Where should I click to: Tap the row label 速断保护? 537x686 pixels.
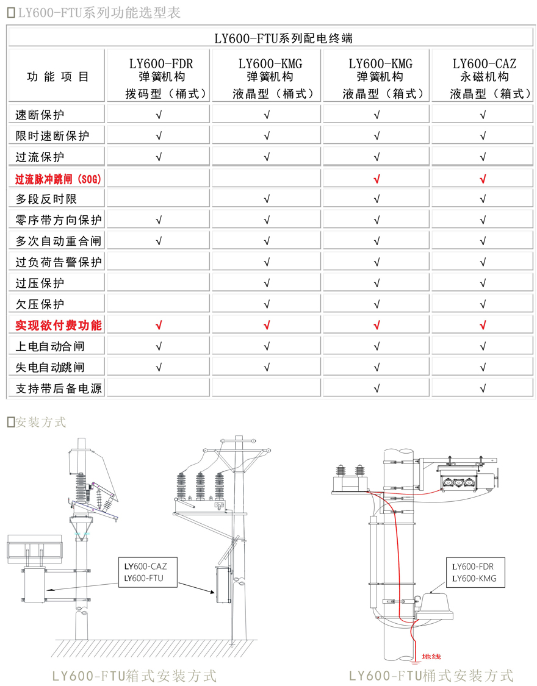click(x=40, y=115)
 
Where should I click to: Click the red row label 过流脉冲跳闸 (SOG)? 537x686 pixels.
click(x=59, y=179)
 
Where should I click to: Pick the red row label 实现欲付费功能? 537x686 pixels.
click(x=59, y=325)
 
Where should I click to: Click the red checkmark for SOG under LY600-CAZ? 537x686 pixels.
click(x=483, y=179)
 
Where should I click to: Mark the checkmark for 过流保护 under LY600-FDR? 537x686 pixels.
click(x=159, y=157)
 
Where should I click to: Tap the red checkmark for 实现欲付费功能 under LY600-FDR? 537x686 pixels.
click(x=159, y=326)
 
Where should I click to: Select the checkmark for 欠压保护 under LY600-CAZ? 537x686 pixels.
click(x=483, y=304)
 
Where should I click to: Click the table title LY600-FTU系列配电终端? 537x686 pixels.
click(x=283, y=38)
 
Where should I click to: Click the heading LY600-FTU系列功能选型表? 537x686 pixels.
click(x=98, y=13)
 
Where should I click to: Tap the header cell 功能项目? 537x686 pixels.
click(x=59, y=77)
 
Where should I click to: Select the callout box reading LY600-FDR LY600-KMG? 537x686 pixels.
click(x=475, y=572)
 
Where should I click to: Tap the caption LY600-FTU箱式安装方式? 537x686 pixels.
click(x=134, y=675)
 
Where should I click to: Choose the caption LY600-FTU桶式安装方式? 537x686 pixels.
click(x=431, y=675)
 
